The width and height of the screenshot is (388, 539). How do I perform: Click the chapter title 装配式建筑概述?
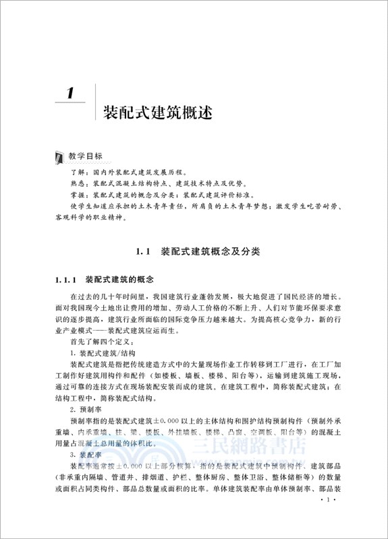(157, 111)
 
